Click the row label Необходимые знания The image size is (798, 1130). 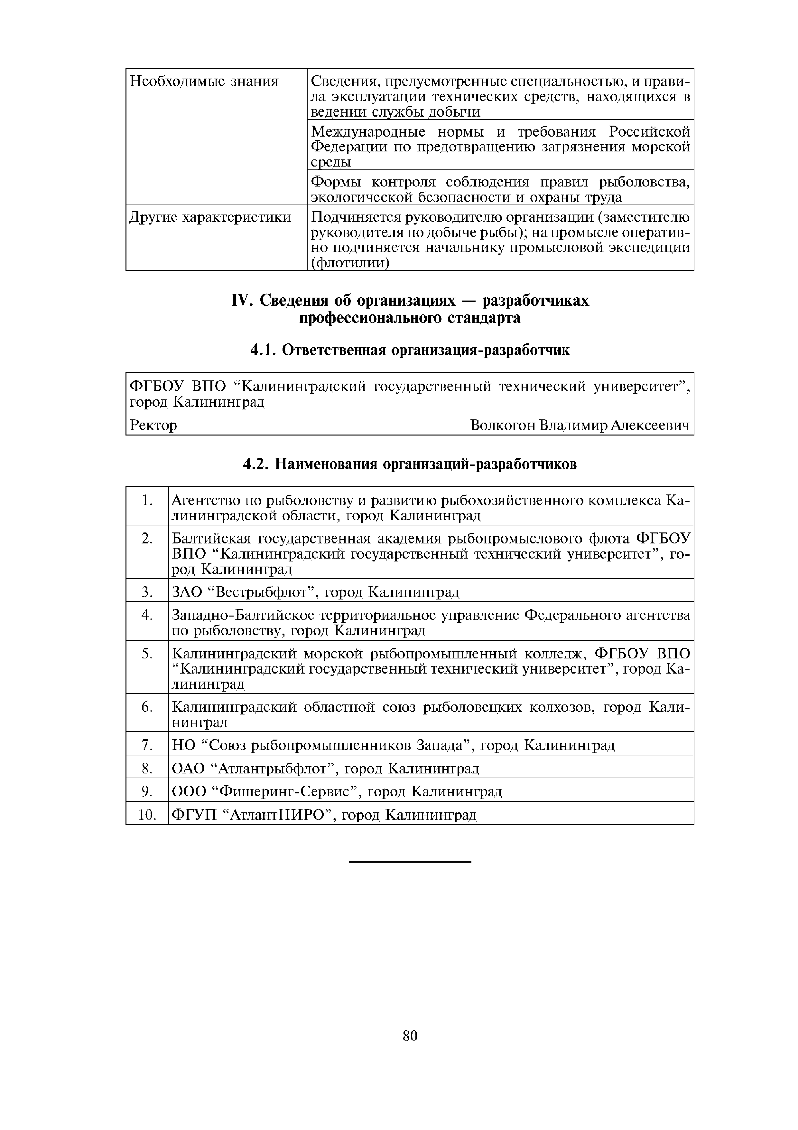[204, 81]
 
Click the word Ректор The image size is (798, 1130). [153, 425]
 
